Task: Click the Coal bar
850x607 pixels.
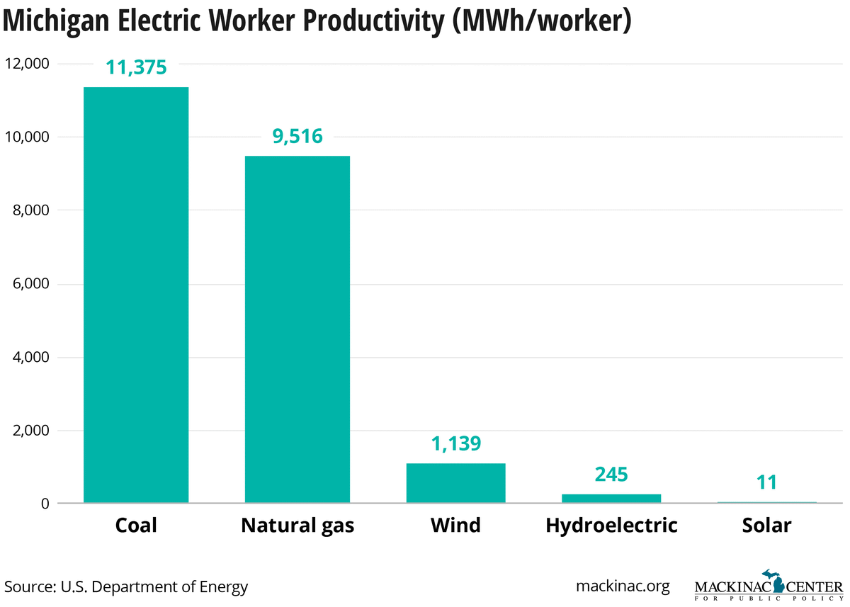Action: tap(136, 295)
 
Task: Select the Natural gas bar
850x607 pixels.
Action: tap(297, 329)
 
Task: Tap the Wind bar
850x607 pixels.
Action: tap(455, 483)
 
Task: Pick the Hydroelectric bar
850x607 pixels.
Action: tap(611, 498)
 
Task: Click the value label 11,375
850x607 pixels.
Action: tap(136, 67)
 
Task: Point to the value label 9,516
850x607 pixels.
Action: tap(297, 136)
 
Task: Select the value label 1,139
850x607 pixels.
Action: tap(455, 443)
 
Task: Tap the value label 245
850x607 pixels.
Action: tap(611, 474)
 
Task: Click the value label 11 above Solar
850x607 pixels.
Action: tap(766, 482)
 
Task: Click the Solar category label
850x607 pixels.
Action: tap(766, 526)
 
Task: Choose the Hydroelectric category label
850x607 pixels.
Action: tap(611, 526)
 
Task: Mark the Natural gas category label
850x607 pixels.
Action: tap(297, 526)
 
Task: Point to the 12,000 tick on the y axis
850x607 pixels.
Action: tap(26, 64)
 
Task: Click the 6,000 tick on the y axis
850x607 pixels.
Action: tap(29, 284)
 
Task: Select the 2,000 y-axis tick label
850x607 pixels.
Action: tap(29, 431)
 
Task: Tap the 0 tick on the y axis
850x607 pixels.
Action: tap(44, 504)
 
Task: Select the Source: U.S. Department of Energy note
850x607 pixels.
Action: tap(127, 586)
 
